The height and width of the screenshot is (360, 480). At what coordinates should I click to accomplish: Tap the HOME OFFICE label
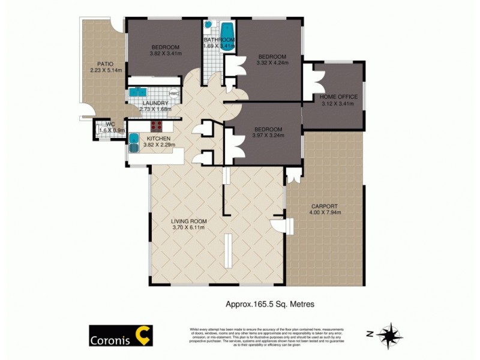[x=338, y=97]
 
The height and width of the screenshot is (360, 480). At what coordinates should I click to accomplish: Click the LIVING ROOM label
[x=188, y=220]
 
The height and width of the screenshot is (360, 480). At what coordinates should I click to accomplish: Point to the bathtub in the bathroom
[x=227, y=30]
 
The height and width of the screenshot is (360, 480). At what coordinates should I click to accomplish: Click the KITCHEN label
[x=158, y=138]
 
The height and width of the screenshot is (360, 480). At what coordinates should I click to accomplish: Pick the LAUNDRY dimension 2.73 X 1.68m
[x=155, y=109]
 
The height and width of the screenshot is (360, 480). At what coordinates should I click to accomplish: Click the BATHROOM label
[x=218, y=40]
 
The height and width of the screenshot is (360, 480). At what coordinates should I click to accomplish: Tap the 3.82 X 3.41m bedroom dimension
[x=157, y=54]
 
